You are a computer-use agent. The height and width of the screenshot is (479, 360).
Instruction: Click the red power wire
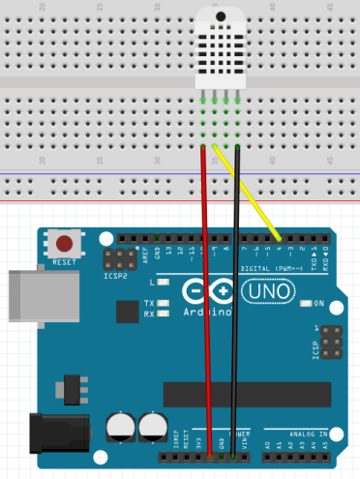(206, 290)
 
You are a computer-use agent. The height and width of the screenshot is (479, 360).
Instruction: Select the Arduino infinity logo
(204, 292)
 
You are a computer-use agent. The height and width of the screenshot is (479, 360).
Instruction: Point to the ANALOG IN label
(308, 433)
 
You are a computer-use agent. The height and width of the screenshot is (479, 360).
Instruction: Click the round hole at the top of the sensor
(222, 13)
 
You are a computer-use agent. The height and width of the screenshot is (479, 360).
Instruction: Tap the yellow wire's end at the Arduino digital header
(281, 239)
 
